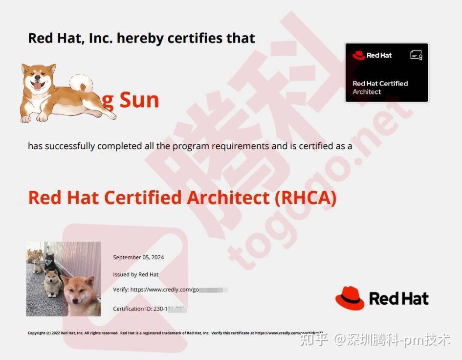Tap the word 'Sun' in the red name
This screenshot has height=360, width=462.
(x=139, y=100)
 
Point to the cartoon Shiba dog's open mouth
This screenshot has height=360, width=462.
(x=38, y=86)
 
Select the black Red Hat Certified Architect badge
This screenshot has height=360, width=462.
(x=386, y=72)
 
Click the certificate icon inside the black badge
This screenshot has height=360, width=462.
(x=416, y=55)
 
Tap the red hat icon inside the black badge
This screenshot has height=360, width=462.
(x=359, y=55)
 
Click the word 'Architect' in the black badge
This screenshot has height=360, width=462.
(x=367, y=92)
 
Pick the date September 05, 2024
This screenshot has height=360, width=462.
(x=138, y=257)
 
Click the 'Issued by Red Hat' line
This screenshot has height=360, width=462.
(x=135, y=274)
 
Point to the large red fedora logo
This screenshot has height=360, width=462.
(x=350, y=298)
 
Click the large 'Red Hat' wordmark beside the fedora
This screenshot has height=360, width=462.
(x=398, y=298)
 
